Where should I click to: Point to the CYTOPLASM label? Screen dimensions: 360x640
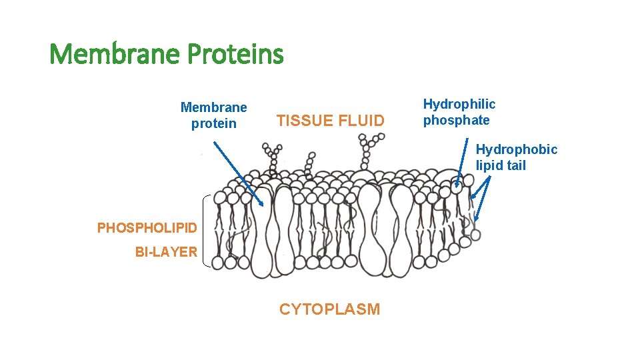[329, 309]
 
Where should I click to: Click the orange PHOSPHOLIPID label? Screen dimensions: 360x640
[147, 228]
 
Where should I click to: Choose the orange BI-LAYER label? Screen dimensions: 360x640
[166, 252]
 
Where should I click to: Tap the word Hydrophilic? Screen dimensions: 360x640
[459, 104]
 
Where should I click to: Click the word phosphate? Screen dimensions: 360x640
[456, 121]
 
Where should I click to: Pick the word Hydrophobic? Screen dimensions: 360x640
[517, 149]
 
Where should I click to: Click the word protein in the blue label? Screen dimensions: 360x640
[213, 123]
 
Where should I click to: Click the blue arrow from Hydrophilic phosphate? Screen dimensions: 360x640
[462, 160]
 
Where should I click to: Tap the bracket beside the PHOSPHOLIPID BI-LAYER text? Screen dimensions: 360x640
[204, 231]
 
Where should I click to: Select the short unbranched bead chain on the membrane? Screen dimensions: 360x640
[309, 164]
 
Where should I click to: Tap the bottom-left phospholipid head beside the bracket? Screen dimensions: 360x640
[219, 263]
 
